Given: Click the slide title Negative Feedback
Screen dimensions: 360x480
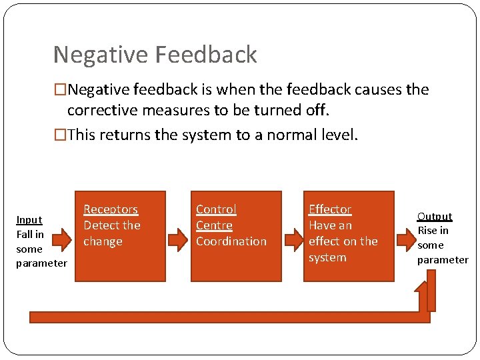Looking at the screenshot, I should point(155,55).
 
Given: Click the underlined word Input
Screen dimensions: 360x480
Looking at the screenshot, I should point(29,219).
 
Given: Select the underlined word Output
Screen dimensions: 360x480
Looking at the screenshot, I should point(435,216).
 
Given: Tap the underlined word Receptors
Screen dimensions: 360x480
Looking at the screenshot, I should point(111,209).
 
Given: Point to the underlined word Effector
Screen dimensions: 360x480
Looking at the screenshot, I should point(329,209).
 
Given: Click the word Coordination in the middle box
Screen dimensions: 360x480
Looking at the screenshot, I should point(231,241).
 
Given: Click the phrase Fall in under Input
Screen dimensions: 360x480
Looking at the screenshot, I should point(30,234).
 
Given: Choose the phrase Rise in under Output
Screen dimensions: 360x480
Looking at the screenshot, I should point(433,231).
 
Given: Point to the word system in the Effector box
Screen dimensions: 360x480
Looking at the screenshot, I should point(327,257).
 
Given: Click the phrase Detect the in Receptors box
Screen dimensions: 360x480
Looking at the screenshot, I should point(112,225).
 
